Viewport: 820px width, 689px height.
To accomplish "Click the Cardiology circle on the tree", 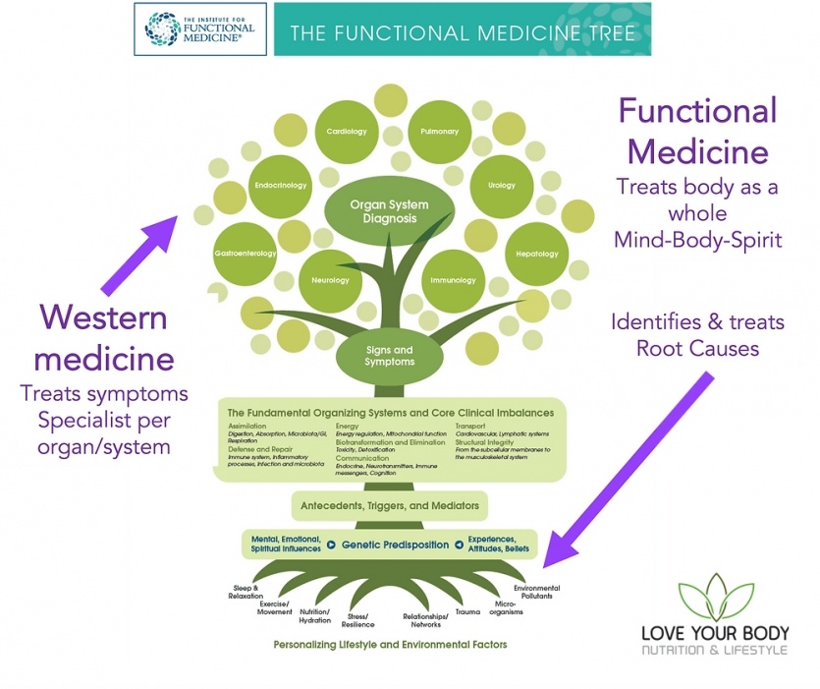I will click(x=347, y=131).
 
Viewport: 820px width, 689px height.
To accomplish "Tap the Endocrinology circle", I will click(x=281, y=185).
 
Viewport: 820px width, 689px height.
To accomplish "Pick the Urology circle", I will click(x=501, y=185).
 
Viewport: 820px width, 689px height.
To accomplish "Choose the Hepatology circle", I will click(x=537, y=255).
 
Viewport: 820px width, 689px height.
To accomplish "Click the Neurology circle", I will click(x=330, y=280).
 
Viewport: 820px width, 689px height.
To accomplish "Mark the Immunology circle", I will click(x=453, y=280).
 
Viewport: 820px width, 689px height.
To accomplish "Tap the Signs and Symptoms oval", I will click(x=390, y=355).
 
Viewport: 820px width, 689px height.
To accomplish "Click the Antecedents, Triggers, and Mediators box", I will click(x=390, y=506).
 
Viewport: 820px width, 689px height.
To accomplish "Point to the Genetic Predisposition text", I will click(x=396, y=544).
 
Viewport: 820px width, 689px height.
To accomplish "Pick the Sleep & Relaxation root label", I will click(x=245, y=592).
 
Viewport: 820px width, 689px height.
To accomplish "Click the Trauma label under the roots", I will click(x=467, y=611).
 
